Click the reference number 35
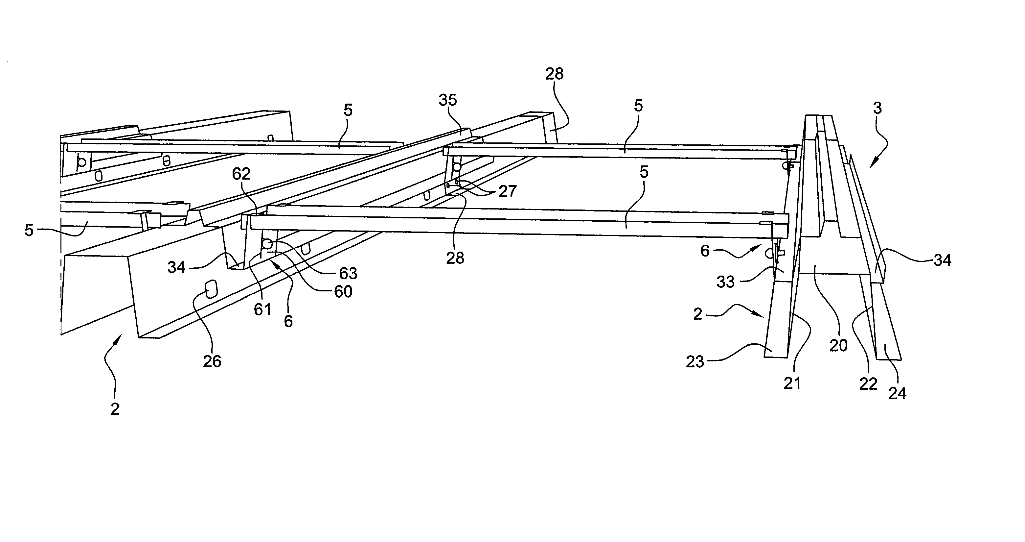pyautogui.click(x=448, y=100)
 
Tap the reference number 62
pyautogui.click(x=241, y=174)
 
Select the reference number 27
pyautogui.click(x=507, y=191)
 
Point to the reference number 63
pyautogui.click(x=348, y=273)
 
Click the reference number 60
pyautogui.click(x=343, y=292)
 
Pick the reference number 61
pyautogui.click(x=262, y=309)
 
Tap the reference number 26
pyautogui.click(x=212, y=361)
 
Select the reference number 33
pyautogui.click(x=725, y=282)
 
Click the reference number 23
pyautogui.click(x=695, y=361)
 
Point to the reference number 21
pyautogui.click(x=792, y=383)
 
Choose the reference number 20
pyautogui.click(x=838, y=346)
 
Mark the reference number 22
pyautogui.click(x=868, y=384)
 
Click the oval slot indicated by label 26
pyautogui.click(x=211, y=288)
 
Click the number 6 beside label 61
pyautogui.click(x=288, y=321)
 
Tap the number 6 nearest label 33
pyautogui.click(x=705, y=251)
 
